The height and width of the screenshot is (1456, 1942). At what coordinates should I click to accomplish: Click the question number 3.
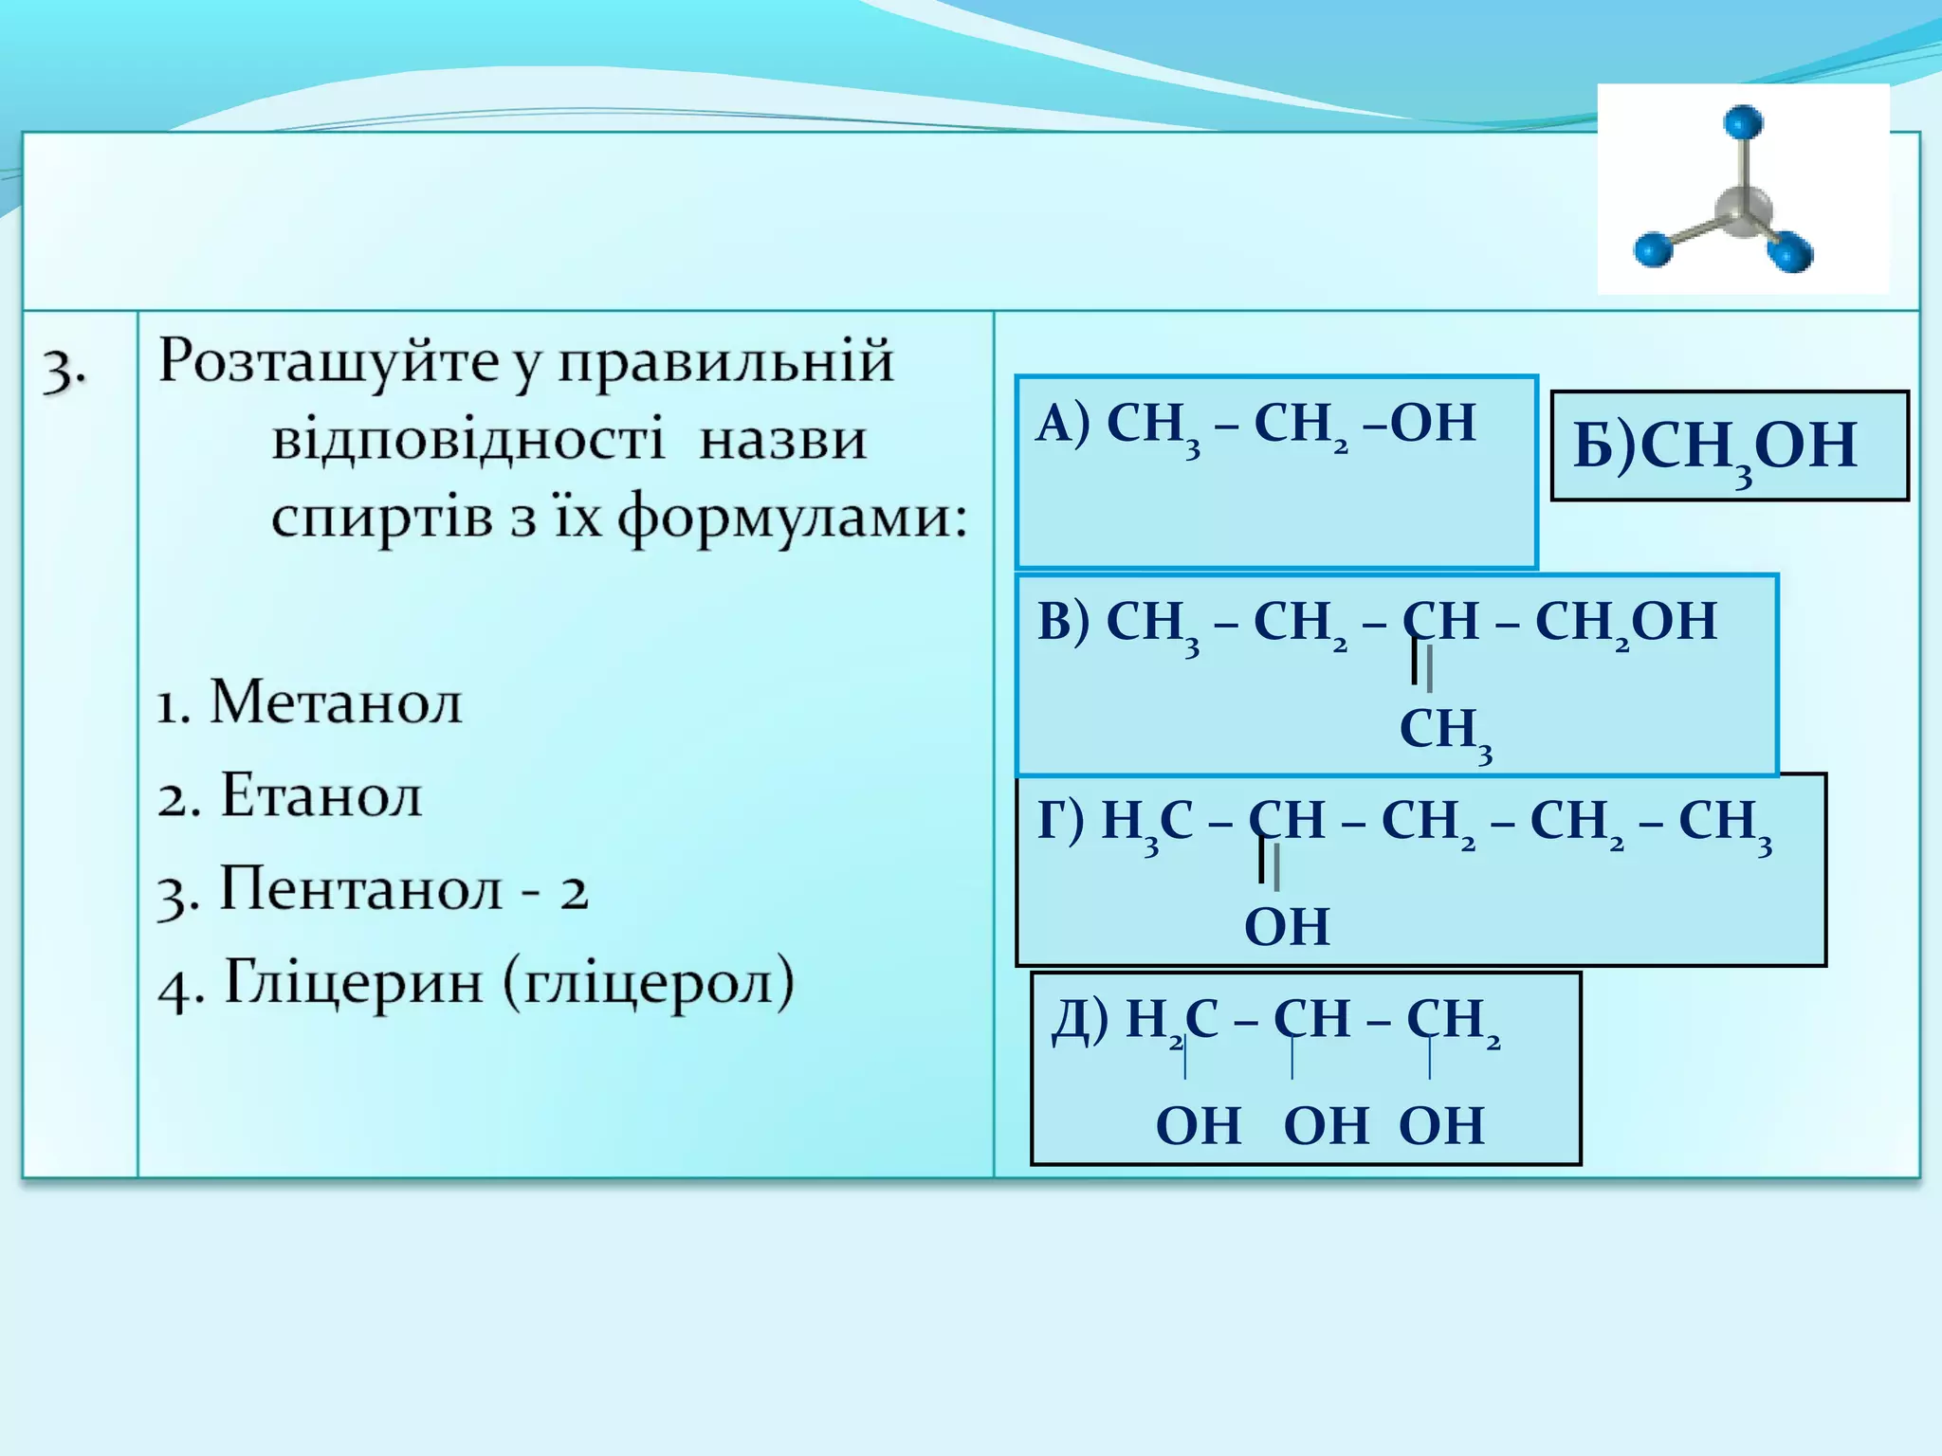(x=64, y=369)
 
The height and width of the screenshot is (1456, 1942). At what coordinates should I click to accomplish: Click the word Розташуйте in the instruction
(x=328, y=362)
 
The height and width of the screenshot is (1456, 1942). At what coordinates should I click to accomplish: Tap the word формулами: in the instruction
(x=792, y=519)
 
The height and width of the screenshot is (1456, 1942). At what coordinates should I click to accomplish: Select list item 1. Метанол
(x=310, y=702)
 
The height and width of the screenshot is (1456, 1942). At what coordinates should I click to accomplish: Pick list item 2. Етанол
(x=290, y=795)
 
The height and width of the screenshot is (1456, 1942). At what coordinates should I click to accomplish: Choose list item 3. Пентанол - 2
(x=374, y=890)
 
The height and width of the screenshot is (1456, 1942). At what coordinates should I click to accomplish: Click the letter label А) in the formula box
(x=1063, y=423)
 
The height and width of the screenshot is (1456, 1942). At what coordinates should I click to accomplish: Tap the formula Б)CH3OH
(x=1714, y=446)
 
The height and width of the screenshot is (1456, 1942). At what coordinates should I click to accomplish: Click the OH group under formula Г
(x=1286, y=926)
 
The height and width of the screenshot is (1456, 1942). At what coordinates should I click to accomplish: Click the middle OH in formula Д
(x=1325, y=1126)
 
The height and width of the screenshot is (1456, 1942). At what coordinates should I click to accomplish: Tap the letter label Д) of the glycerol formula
(x=1080, y=1019)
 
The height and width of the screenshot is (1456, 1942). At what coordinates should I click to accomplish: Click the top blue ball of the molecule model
(x=1742, y=122)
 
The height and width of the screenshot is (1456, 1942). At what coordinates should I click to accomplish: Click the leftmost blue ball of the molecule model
(x=1653, y=249)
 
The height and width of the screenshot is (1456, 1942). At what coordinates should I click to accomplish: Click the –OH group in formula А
(x=1420, y=423)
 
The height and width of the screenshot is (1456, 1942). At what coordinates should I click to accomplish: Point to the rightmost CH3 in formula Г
(x=1723, y=822)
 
